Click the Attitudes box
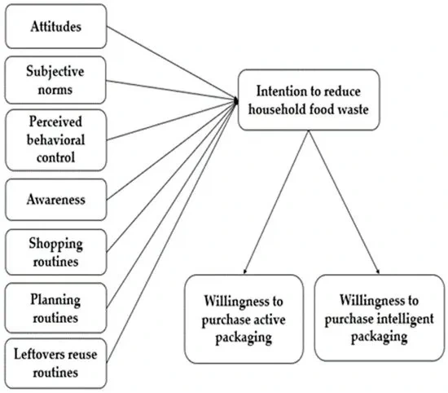[x=55, y=27]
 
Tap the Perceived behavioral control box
[x=55, y=139]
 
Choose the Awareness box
[x=55, y=197]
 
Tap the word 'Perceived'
[x=55, y=124]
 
